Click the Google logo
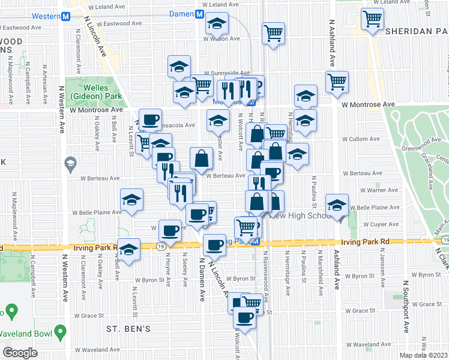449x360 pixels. click(20, 353)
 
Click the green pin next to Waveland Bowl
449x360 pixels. click(59, 332)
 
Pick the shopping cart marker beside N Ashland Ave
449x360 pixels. click(337, 81)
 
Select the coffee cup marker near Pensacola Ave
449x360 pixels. click(150, 119)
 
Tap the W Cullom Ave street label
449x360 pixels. click(362, 139)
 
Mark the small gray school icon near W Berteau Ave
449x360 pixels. click(70, 163)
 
